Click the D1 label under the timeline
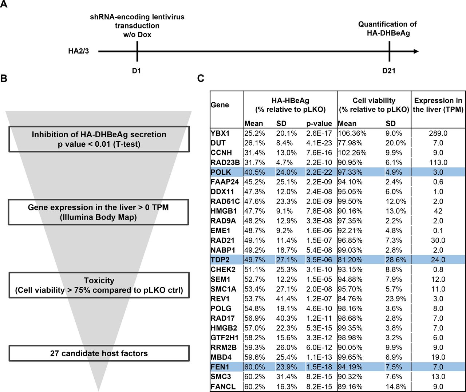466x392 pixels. [137, 71]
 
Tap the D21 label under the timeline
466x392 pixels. [389, 71]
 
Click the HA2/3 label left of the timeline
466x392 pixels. [78, 51]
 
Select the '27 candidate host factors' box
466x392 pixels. [99, 353]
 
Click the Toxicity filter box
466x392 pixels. [99, 285]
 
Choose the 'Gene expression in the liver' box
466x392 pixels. [98, 212]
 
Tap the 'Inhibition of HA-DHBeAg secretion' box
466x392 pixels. [99, 139]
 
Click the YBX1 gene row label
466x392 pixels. [220, 133]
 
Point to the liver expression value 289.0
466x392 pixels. [438, 133]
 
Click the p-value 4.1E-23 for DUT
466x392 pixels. [319, 143]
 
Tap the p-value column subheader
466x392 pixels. [319, 123]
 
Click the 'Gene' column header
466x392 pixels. [220, 105]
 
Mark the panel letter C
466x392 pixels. [201, 78]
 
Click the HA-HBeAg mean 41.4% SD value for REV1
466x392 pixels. [287, 298]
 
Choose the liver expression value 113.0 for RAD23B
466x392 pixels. [438, 162]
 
